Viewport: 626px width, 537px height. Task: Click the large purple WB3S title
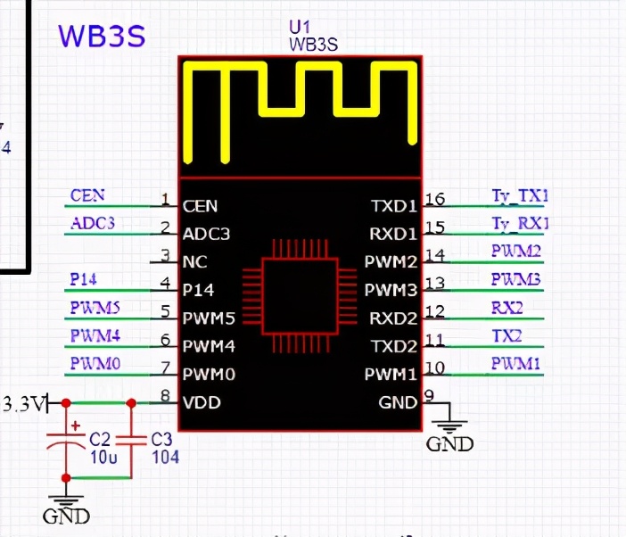click(x=101, y=36)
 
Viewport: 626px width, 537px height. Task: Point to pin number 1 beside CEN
click(x=165, y=199)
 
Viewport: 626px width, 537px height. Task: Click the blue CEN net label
click(x=86, y=195)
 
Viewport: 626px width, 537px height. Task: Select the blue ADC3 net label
click(x=93, y=223)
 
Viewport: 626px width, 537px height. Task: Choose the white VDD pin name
click(x=202, y=402)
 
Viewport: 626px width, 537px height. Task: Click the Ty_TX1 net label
click(x=520, y=195)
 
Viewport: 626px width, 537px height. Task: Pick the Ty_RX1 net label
click(x=520, y=223)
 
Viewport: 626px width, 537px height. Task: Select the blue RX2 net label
click(x=507, y=308)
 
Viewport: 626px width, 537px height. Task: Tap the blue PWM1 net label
click(x=515, y=363)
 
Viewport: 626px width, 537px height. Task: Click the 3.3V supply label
click(x=23, y=404)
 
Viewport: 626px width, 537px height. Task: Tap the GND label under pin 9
click(x=449, y=443)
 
